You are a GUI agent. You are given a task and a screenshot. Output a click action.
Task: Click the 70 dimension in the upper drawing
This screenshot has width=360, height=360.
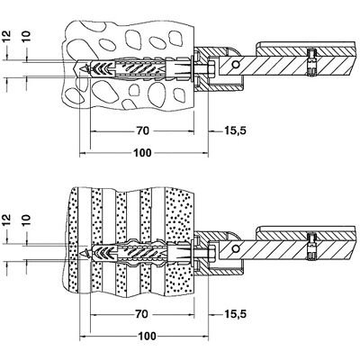click(x=143, y=130)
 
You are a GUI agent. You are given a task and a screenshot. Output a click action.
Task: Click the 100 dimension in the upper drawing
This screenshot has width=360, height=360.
click(x=142, y=153)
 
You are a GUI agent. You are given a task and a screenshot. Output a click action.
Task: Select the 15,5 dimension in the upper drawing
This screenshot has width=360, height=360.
click(x=236, y=130)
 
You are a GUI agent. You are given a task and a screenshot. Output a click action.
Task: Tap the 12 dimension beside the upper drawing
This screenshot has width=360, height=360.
click(x=7, y=36)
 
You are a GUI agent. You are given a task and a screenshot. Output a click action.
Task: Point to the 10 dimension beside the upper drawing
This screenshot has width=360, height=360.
click(x=27, y=36)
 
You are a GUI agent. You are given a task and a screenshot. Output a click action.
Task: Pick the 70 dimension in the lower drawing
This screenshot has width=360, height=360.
click(x=141, y=314)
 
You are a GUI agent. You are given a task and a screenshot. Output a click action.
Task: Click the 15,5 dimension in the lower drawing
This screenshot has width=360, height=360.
click(x=236, y=314)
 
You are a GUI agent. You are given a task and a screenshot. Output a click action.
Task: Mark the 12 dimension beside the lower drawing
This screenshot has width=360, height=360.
click(x=7, y=220)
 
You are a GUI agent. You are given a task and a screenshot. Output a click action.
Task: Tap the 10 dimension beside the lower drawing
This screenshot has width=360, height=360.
click(x=27, y=220)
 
